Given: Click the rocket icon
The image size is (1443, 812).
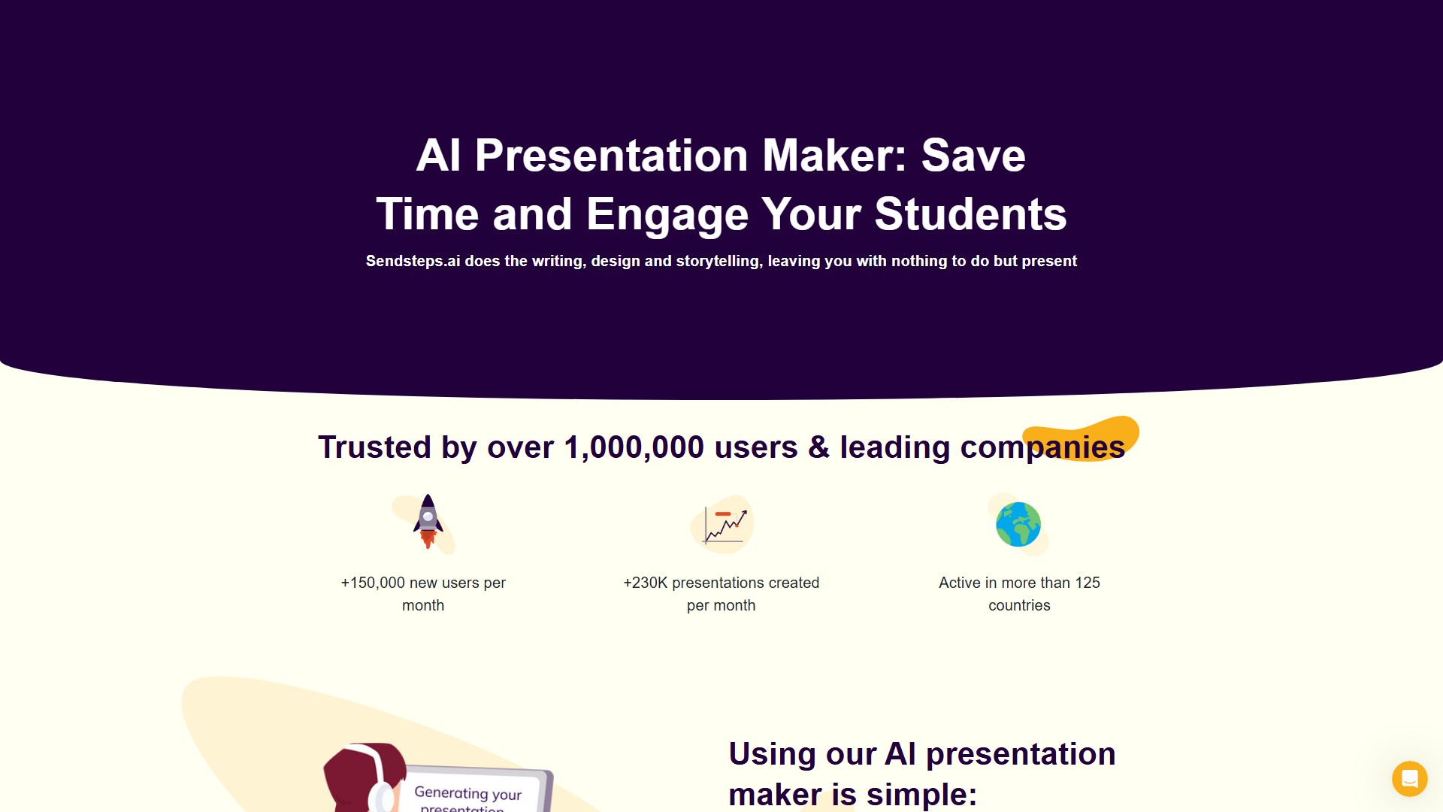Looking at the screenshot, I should pyautogui.click(x=428, y=521).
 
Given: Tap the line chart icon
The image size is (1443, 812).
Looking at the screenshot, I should pyautogui.click(x=723, y=525).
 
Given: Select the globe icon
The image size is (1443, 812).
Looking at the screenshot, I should pyautogui.click(x=1018, y=524).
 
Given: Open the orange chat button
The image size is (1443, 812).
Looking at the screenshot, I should pyautogui.click(x=1409, y=778).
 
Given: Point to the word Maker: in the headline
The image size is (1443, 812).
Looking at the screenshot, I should pyautogui.click(x=834, y=156).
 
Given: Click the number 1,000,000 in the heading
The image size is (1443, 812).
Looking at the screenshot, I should pyautogui.click(x=634, y=447).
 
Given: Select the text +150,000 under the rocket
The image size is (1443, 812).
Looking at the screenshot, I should pyautogui.click(x=373, y=583).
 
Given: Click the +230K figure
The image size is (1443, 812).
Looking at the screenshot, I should pyautogui.click(x=645, y=583).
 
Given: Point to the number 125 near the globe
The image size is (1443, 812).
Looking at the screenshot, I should pyautogui.click(x=1087, y=583).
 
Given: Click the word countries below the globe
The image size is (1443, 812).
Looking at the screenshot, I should pyautogui.click(x=1019, y=605).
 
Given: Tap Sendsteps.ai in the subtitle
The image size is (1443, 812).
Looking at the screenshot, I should pyautogui.click(x=413, y=261).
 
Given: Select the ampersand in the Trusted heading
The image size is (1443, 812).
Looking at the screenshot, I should pyautogui.click(x=818, y=447).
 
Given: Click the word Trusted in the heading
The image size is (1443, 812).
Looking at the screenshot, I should pyautogui.click(x=374, y=447).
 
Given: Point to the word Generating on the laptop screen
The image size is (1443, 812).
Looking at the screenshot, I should pyautogui.click(x=451, y=792).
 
